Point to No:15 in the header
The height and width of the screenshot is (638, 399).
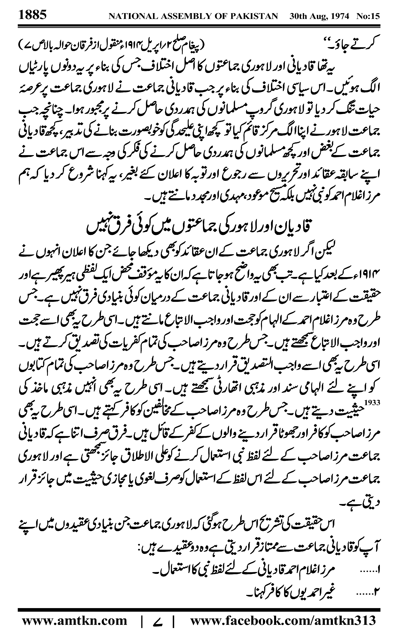368,16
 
